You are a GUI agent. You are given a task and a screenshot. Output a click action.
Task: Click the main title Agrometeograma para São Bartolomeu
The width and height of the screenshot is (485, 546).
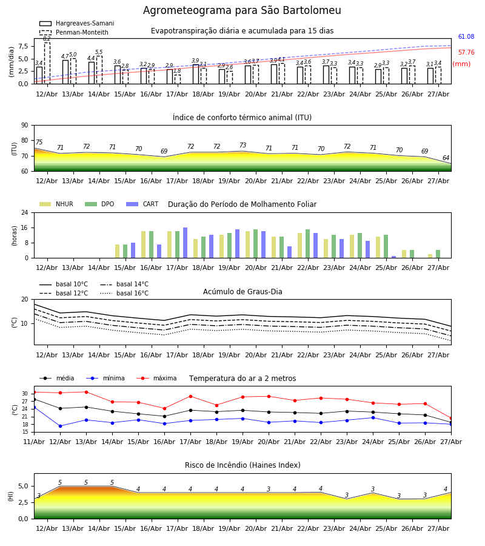[x=242, y=10]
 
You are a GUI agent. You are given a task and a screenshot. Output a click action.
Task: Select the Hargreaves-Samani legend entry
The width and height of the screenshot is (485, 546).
[x=76, y=23]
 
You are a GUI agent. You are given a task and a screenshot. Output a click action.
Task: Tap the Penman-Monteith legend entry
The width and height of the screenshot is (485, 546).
[x=74, y=32]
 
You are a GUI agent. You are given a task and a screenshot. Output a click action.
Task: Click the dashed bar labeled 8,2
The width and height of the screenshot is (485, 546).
[x=47, y=63]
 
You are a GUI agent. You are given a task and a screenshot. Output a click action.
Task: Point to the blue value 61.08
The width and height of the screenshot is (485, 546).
[x=466, y=36]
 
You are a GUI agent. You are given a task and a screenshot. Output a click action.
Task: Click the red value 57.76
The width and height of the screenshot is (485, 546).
[x=466, y=53]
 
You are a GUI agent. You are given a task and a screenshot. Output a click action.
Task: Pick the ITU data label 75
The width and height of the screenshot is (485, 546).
[x=39, y=142]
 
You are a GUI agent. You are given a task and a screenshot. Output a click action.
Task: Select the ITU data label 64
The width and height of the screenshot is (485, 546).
[x=446, y=158]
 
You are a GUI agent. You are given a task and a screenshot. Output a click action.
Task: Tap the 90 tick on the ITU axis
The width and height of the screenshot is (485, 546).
[x=25, y=126]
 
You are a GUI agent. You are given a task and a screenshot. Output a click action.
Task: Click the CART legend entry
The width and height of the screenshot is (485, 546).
[x=142, y=204]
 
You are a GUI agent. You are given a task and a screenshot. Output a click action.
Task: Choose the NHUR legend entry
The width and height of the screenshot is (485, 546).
[x=56, y=204]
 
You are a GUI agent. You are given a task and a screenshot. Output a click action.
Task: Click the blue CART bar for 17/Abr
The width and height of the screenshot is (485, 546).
[x=185, y=243]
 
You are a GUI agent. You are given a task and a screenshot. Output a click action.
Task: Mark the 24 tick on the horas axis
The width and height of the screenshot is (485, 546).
[x=25, y=212]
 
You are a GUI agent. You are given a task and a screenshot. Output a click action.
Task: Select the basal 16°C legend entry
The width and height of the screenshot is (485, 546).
[x=124, y=293]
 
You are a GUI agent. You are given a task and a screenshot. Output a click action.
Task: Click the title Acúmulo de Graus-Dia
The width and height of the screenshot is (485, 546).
[x=242, y=291]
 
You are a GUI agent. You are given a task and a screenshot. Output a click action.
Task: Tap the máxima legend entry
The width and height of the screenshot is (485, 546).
[x=156, y=378]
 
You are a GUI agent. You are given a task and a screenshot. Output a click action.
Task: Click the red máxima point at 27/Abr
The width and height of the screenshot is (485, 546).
[x=451, y=418]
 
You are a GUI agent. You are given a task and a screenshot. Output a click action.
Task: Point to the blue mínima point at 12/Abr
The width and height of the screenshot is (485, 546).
[x=60, y=426]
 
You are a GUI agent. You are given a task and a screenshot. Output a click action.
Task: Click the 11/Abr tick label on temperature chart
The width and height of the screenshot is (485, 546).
[x=34, y=442]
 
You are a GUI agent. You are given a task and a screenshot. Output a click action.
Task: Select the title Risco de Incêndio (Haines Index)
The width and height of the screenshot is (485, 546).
[x=242, y=465]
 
